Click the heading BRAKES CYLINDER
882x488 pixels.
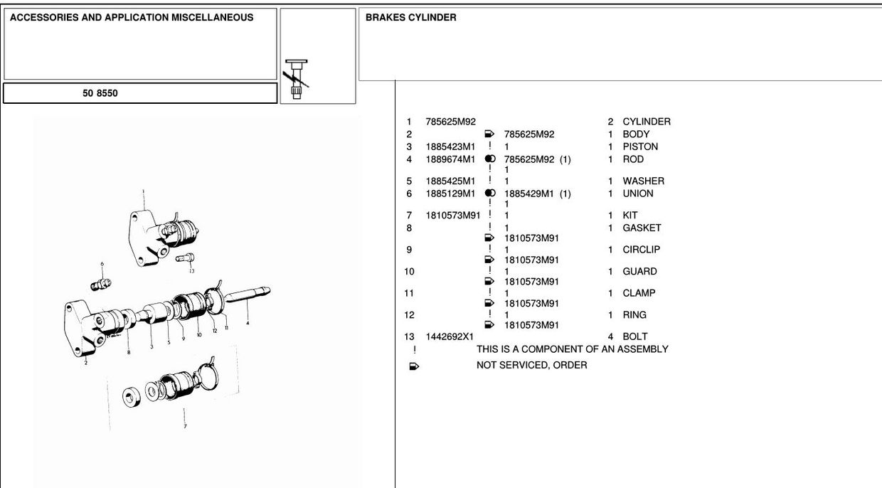[x=410, y=17]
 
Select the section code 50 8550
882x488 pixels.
[x=100, y=93]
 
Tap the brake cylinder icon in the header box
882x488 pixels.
[x=297, y=79]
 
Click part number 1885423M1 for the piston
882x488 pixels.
[x=450, y=147]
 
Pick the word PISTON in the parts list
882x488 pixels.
[x=640, y=147]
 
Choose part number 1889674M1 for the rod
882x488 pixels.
[x=450, y=159]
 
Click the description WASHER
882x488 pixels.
[x=644, y=181]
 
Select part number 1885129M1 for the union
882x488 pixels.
[x=450, y=193]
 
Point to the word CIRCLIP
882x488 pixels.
[x=641, y=249]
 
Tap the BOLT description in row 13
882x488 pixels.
[x=634, y=336]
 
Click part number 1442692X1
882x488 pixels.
[x=450, y=336]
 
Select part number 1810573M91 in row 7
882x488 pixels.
[x=453, y=215]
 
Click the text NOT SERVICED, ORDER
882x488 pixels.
[x=531, y=365]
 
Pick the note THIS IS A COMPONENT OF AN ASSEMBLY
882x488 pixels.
[x=572, y=349]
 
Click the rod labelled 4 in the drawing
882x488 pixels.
[x=248, y=295]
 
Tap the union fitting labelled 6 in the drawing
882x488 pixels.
[x=101, y=284]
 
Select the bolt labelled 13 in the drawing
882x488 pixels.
[x=185, y=258]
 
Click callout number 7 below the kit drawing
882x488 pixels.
[x=185, y=426]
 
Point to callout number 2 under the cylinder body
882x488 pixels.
[x=86, y=362]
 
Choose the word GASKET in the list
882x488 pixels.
[x=642, y=228]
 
